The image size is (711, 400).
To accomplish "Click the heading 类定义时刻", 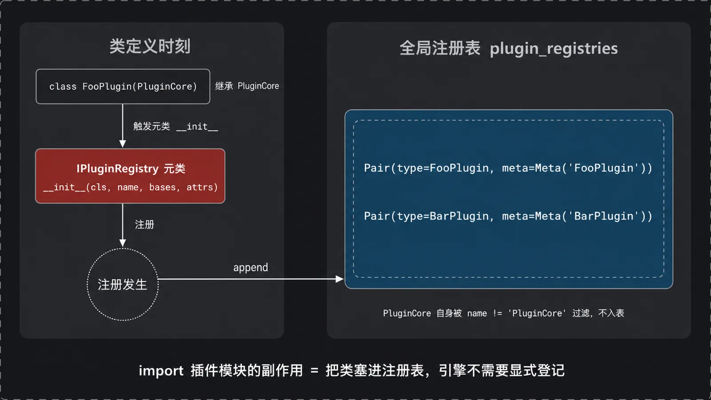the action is (x=150, y=46).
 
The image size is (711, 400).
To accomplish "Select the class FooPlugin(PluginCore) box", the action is (x=123, y=86).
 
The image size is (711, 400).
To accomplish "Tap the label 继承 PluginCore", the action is (x=247, y=86).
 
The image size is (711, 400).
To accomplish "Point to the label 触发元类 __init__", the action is (x=176, y=126).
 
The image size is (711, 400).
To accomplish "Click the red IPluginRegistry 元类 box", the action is (x=130, y=176).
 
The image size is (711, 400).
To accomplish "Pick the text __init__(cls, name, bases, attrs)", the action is (x=130, y=187).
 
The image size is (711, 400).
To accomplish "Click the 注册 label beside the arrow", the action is (x=144, y=224).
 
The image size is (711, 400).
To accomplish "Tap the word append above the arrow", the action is (x=251, y=267).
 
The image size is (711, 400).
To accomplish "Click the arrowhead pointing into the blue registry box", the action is (x=340, y=279).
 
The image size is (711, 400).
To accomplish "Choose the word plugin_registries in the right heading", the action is (x=554, y=49).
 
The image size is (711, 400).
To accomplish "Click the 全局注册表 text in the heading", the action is (x=439, y=48).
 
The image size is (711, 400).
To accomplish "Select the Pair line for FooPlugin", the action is (x=508, y=168).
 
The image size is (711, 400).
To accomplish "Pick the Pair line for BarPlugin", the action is (x=508, y=216).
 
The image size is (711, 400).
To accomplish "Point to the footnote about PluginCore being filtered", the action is (x=503, y=313).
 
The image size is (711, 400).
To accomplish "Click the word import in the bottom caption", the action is (x=161, y=371).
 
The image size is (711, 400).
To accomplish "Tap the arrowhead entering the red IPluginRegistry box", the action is (x=123, y=144).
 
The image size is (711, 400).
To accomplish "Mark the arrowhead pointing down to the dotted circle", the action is (x=123, y=243).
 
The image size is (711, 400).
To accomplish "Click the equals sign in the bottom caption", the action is (x=314, y=371).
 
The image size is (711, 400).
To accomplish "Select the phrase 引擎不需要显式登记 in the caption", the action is (x=502, y=371).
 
